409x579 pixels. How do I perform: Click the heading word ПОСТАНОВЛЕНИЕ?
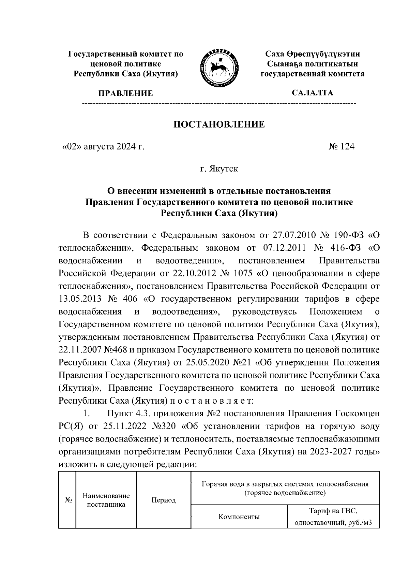coord(219,124)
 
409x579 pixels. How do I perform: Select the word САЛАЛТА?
coord(312,92)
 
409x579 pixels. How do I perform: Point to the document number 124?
coord(347,147)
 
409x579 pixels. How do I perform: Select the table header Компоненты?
coord(239,517)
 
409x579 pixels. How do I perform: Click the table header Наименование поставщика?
coord(106,501)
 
